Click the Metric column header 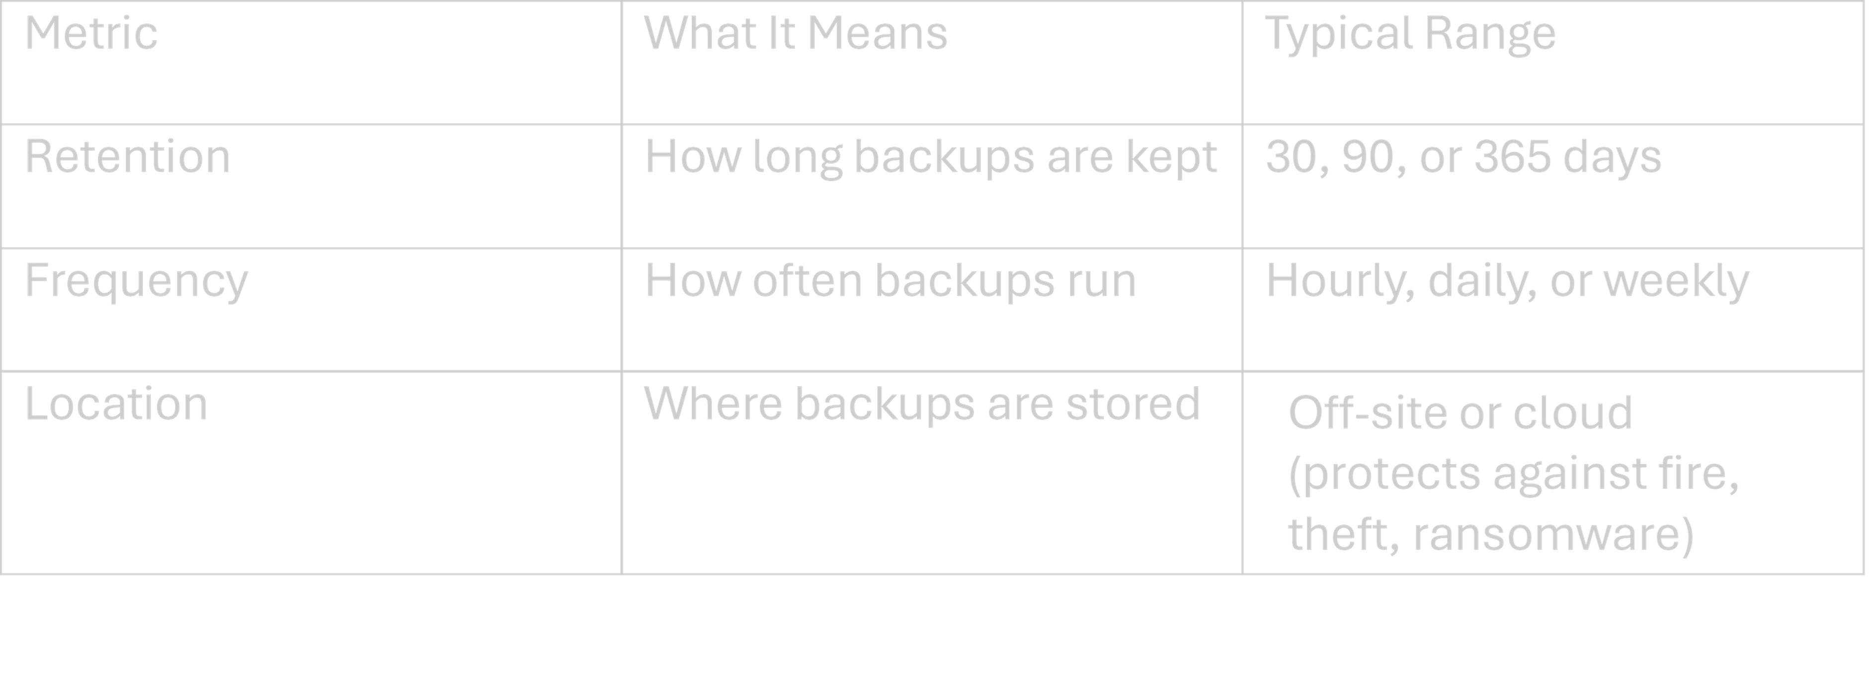pos(91,34)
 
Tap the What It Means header pos(795,34)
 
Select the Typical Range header pos(1410,34)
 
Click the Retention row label pos(127,158)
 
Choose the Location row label pos(116,404)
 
